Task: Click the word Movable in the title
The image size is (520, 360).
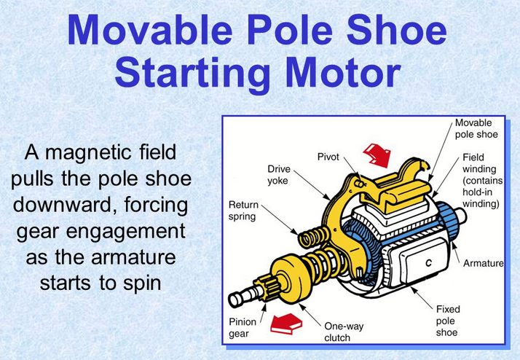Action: click(150, 30)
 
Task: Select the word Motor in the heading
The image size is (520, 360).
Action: click(343, 72)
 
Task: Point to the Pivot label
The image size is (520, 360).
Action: click(328, 157)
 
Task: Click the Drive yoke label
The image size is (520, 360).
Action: click(279, 175)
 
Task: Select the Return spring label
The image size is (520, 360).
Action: click(243, 211)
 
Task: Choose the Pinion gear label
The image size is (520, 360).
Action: click(243, 327)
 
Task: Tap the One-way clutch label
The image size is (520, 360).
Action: click(344, 332)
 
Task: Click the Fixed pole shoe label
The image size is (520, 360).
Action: click(448, 321)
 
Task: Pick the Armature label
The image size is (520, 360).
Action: click(483, 264)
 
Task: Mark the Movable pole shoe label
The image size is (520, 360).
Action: click(476, 129)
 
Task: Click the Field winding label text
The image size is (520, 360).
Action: click(483, 180)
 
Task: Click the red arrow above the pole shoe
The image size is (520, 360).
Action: click(377, 155)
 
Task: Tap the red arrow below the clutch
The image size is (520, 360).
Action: click(286, 324)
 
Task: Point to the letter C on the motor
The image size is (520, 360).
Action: click(428, 263)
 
